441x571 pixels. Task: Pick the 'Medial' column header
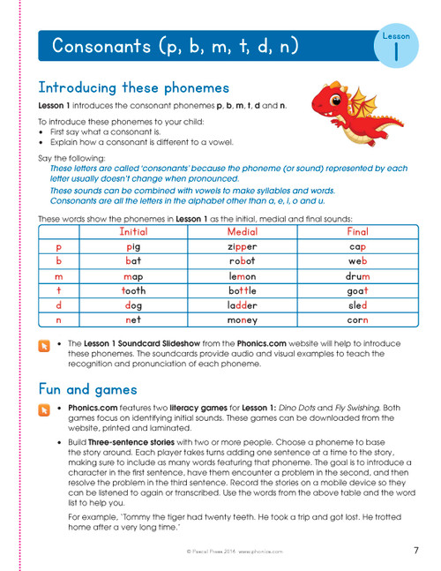(241, 230)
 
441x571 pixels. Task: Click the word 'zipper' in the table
(241, 247)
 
